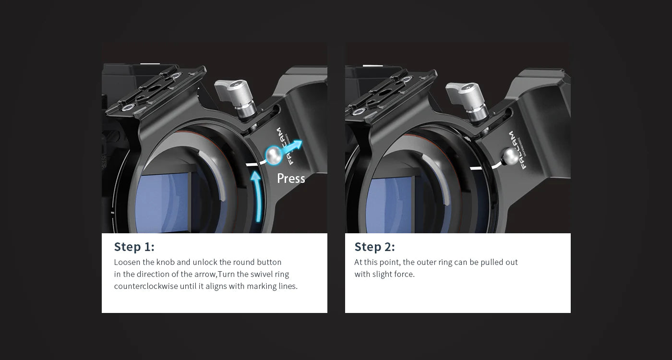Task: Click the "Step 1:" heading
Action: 134,247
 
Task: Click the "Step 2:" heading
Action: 374,247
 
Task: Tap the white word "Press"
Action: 291,179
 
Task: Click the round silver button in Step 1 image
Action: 274,155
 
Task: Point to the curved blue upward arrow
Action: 257,195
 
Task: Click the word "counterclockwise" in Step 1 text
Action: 146,286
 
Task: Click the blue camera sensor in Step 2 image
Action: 390,204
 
